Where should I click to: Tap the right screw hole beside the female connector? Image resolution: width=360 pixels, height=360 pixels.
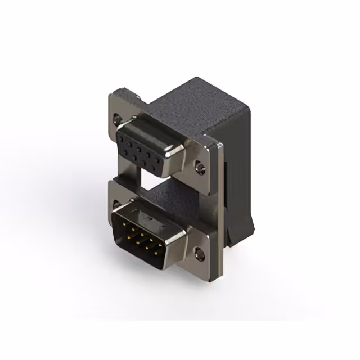[x=199, y=167]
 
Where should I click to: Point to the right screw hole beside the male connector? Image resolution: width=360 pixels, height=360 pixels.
[x=199, y=254]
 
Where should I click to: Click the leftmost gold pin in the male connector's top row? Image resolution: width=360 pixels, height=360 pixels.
[x=123, y=223]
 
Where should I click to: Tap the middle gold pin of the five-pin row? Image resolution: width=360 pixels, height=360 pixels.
[x=143, y=235]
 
